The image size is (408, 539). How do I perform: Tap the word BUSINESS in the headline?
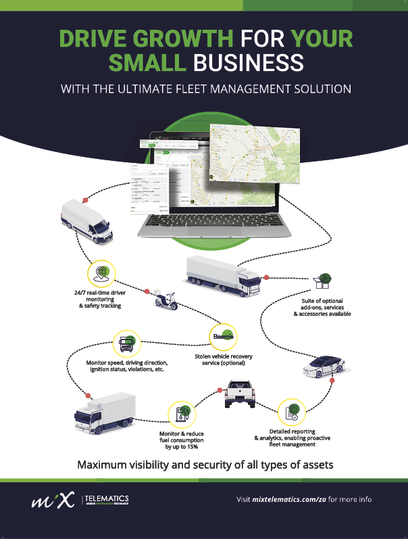point(247,63)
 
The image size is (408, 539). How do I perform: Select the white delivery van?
point(86,221)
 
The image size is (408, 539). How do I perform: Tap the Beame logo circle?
point(223,336)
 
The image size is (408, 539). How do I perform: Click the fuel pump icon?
point(182,413)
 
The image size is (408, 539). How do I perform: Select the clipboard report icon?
point(292,411)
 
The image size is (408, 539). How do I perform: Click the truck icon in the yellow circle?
point(128,344)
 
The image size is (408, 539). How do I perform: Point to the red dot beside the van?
point(86,200)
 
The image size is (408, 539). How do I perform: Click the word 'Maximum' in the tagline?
point(104,465)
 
